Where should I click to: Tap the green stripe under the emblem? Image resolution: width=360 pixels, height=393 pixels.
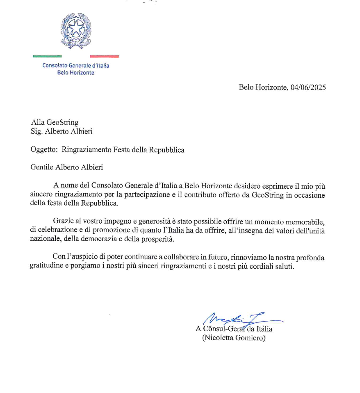pyautogui.click(x=47, y=56)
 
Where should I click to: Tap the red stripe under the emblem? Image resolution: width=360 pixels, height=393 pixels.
pyautogui.click(x=104, y=56)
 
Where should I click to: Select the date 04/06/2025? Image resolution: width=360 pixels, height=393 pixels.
pyautogui.click(x=308, y=87)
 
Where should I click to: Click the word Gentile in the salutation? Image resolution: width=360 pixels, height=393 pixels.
pyautogui.click(x=42, y=167)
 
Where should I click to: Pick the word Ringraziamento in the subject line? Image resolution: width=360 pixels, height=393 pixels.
pyautogui.click(x=86, y=150)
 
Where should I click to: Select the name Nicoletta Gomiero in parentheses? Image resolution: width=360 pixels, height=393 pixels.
pyautogui.click(x=234, y=338)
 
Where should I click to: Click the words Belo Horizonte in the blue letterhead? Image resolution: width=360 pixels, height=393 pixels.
pyautogui.click(x=76, y=73)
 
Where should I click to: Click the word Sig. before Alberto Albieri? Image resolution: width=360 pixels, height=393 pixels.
pyautogui.click(x=37, y=132)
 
